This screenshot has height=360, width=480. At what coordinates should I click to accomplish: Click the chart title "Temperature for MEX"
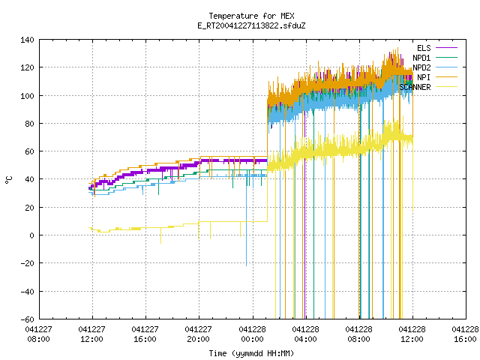252,16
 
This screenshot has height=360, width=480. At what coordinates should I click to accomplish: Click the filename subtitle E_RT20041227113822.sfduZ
252,25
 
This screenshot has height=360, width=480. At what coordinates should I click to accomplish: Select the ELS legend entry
424,48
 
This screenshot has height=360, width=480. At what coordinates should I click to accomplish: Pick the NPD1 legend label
421,58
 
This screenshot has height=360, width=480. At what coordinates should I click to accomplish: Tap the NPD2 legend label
421,67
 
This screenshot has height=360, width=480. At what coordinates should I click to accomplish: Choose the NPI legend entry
424,77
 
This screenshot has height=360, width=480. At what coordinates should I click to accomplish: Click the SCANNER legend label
415,87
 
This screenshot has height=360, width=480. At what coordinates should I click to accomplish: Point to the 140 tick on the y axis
27,40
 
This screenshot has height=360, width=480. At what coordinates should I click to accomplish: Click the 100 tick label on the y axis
27,96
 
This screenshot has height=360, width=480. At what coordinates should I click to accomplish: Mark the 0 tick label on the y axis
31,235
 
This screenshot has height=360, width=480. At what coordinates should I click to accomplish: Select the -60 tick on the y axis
27,319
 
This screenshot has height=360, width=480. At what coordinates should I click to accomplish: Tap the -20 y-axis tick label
27,263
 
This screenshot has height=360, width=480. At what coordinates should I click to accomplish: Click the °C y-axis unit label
8,180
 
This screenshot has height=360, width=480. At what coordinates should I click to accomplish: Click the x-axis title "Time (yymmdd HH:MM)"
252,353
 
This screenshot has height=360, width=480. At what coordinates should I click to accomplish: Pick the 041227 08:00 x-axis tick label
39,334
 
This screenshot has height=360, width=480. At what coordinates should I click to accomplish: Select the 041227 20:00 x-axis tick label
198,334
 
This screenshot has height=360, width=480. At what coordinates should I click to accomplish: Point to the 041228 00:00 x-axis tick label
253,334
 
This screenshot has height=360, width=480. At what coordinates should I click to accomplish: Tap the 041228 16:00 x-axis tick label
465,334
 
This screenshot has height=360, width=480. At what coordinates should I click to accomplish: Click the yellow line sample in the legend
447,87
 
